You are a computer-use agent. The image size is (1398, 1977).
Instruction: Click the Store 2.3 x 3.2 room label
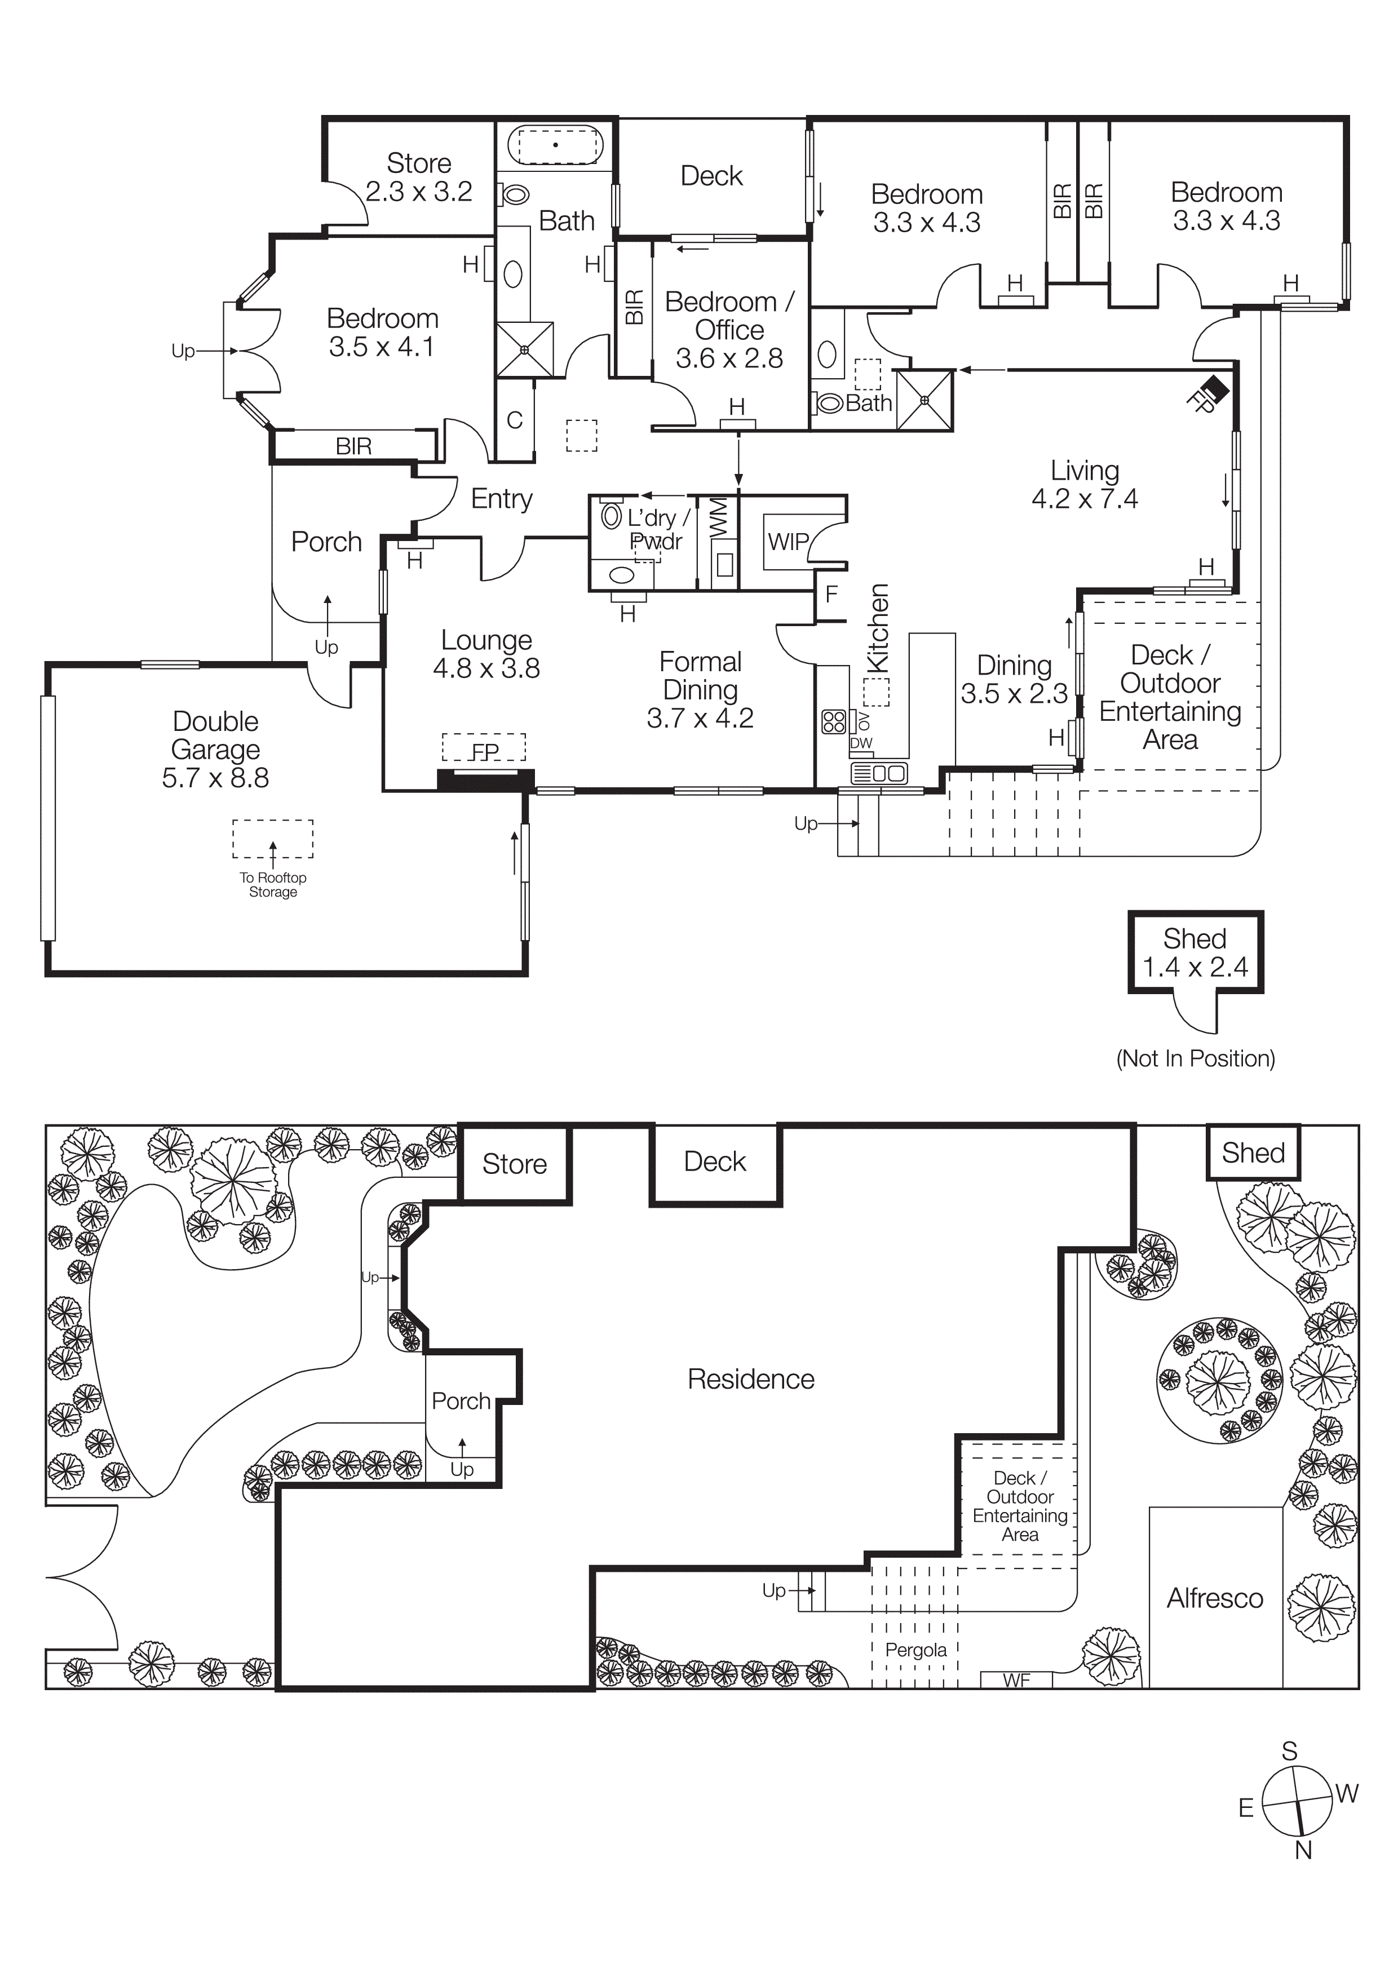point(419,178)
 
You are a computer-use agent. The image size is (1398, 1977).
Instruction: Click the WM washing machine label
point(718,519)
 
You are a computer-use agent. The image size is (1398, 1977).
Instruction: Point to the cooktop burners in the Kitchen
point(834,721)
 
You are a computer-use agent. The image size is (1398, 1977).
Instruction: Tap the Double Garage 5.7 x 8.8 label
point(215,749)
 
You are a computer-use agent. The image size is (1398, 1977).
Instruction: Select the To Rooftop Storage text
point(273,884)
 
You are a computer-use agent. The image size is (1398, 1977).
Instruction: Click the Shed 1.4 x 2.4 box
point(1195,952)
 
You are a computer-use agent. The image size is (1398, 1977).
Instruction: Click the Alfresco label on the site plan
point(1215,1598)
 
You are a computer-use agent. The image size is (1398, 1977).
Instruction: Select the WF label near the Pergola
point(1016,1680)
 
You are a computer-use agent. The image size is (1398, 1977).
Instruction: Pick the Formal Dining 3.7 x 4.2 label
point(700,690)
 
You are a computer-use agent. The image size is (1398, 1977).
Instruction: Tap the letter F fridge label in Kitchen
point(831,593)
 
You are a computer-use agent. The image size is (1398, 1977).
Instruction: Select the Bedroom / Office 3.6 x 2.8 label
point(729,330)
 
